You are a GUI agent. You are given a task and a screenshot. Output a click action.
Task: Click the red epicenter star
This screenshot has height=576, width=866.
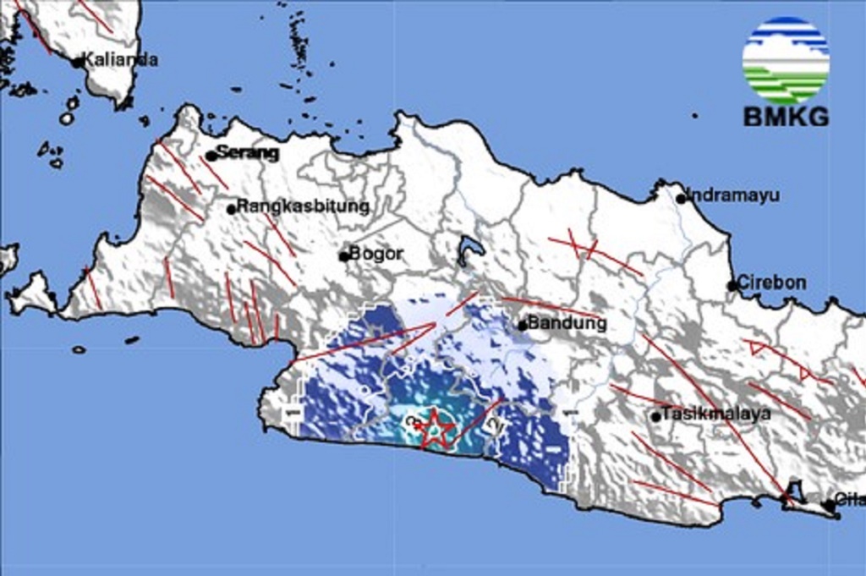pyautogui.click(x=434, y=428)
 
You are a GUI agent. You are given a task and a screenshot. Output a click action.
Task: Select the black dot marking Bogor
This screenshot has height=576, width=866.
pyautogui.click(x=344, y=255)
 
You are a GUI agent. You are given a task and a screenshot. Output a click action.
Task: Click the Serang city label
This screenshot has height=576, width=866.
pyautogui.click(x=247, y=153)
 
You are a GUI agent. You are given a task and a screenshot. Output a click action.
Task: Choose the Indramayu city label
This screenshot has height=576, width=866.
pyautogui.click(x=732, y=195)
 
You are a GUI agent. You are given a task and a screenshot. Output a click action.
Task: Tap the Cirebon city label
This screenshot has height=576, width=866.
pyautogui.click(x=771, y=283)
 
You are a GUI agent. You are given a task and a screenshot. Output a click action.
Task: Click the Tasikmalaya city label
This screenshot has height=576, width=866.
pyautogui.click(x=716, y=414)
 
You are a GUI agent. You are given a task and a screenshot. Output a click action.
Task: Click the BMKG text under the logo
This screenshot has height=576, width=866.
pyautogui.click(x=786, y=117)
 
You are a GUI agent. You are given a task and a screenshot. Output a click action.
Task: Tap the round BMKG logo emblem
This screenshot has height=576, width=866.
pyautogui.click(x=786, y=60)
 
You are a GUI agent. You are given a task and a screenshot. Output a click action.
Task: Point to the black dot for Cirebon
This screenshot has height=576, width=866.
pyautogui.click(x=732, y=286)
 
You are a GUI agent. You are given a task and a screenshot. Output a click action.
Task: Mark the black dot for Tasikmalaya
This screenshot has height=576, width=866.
pyautogui.click(x=655, y=416)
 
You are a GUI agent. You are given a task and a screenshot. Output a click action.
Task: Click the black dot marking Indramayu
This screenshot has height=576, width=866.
pyautogui.click(x=681, y=199)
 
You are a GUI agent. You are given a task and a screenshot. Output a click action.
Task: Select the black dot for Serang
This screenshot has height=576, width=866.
pyautogui.click(x=211, y=156)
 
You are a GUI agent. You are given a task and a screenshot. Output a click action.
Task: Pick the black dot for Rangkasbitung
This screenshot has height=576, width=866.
pyautogui.click(x=231, y=209)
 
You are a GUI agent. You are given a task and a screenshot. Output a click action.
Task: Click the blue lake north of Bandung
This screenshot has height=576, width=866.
pyautogui.click(x=470, y=250)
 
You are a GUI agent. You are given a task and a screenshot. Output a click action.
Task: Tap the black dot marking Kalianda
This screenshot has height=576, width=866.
pyautogui.click(x=78, y=62)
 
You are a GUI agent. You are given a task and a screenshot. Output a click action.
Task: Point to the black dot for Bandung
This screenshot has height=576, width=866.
pyautogui.click(x=523, y=326)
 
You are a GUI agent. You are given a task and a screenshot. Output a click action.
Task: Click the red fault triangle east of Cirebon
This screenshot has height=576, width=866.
pyautogui.click(x=758, y=347)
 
